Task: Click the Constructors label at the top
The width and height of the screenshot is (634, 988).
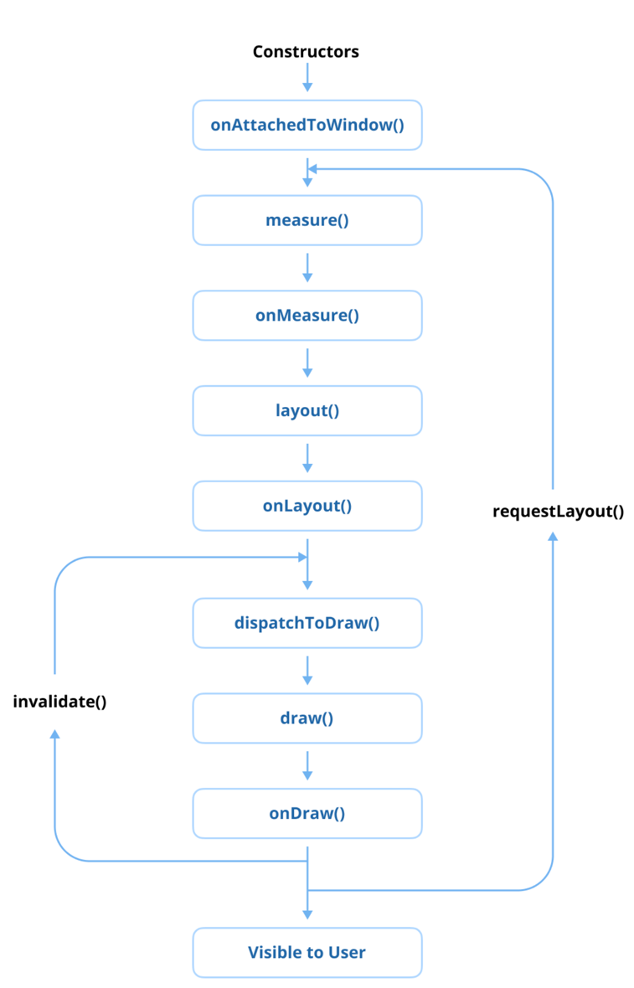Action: tap(306, 52)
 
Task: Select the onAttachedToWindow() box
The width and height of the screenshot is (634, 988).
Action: tap(307, 126)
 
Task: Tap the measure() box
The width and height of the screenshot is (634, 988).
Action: tap(307, 221)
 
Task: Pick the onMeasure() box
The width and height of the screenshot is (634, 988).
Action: tap(307, 316)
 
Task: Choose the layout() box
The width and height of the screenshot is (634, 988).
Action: tap(307, 411)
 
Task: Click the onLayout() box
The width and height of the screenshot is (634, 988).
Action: tap(307, 506)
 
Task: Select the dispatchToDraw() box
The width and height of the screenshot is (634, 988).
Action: tap(307, 623)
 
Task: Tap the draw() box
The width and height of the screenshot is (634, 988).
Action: tap(307, 718)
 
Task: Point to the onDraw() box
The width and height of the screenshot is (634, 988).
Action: tap(307, 813)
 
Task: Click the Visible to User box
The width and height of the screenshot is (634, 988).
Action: tap(307, 952)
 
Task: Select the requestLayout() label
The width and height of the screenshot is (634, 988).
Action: tap(558, 511)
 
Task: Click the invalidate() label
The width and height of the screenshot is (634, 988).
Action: tap(59, 702)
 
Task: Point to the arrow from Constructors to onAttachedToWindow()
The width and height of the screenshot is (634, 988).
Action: tap(307, 77)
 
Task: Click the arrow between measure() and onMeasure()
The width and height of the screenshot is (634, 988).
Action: tap(307, 267)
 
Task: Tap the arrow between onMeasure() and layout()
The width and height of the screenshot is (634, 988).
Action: tap(307, 363)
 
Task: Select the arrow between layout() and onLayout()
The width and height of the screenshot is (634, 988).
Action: tap(307, 457)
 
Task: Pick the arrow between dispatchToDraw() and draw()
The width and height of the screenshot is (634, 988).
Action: tap(307, 670)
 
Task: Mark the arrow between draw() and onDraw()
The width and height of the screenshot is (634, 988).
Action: tap(307, 764)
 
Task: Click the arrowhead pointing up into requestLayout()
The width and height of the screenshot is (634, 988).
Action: tap(553, 537)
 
